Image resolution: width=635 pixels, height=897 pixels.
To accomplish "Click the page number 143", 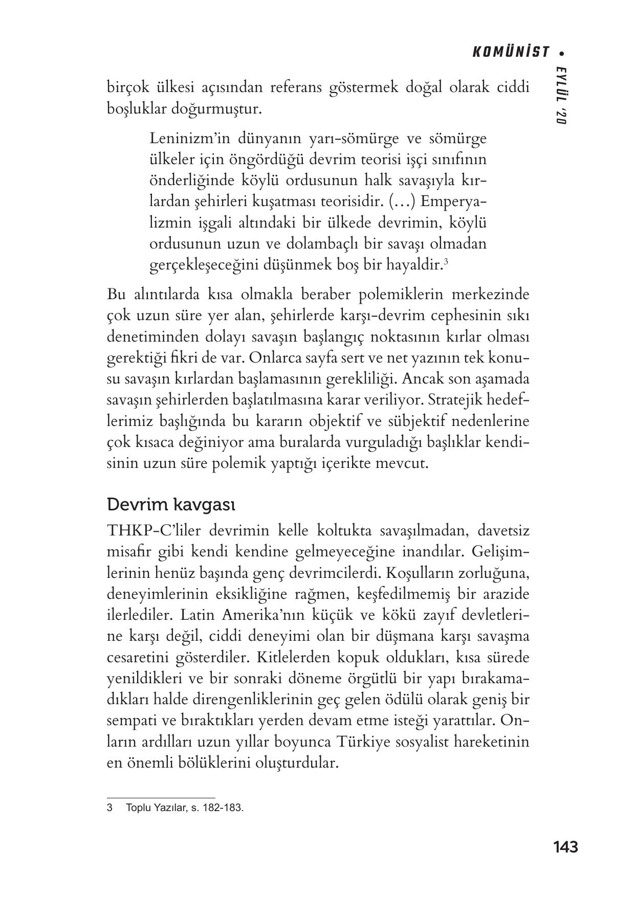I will (x=565, y=847).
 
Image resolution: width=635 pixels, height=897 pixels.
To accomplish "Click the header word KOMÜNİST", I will (x=510, y=52).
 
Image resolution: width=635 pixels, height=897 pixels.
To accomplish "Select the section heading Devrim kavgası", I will (x=171, y=505).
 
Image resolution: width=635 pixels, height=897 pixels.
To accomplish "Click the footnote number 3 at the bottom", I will (x=110, y=809).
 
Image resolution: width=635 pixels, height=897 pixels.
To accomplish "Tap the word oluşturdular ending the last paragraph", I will (x=297, y=763).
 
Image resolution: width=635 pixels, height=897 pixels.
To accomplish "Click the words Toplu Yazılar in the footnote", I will (x=153, y=809).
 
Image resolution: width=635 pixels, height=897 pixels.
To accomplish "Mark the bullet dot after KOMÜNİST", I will (x=562, y=53).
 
